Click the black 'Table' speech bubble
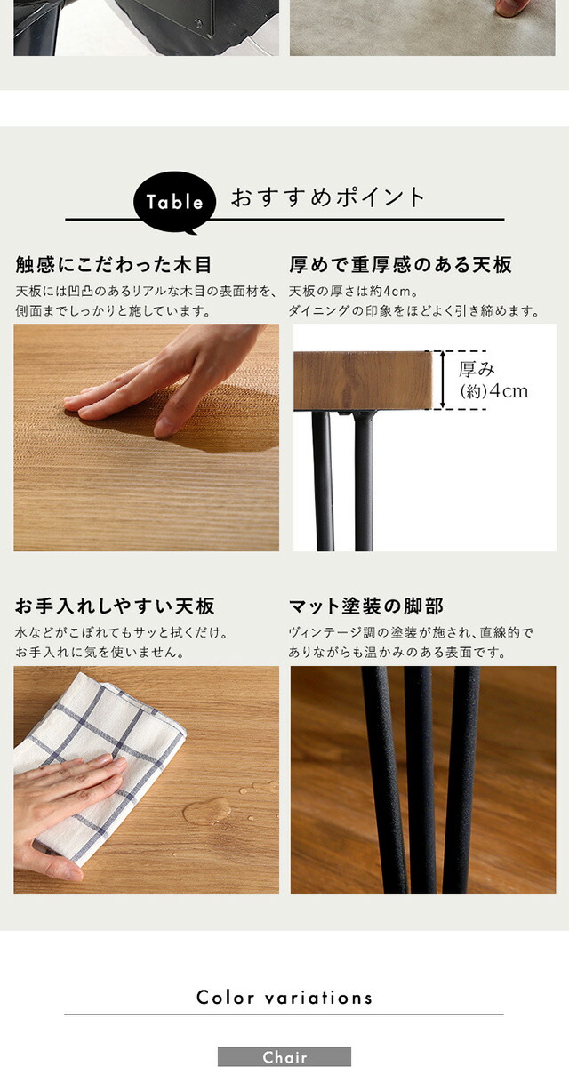[x=174, y=202]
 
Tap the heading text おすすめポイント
[x=328, y=197]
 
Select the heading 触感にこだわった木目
[x=113, y=265]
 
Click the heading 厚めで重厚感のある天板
[x=400, y=265]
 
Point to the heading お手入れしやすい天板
[x=115, y=606]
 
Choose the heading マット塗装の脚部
[x=366, y=606]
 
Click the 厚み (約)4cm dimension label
[x=493, y=381]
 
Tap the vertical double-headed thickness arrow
[x=443, y=380]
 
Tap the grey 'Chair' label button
[x=284, y=1057]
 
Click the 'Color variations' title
[x=284, y=998]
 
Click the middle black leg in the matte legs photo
[x=420, y=779]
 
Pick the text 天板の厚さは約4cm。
[x=354, y=291]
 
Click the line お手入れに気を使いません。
[x=100, y=652]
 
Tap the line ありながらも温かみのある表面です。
[x=397, y=652]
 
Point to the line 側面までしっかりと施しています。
[x=113, y=311]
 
